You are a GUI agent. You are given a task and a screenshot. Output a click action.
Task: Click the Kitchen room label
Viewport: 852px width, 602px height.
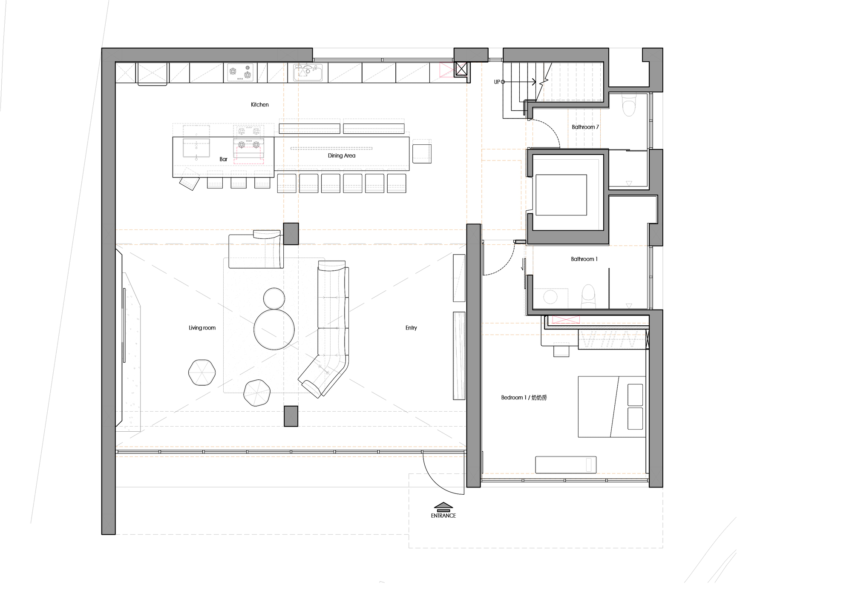259,105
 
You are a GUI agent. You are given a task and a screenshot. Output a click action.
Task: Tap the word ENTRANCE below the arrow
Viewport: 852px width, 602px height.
443,516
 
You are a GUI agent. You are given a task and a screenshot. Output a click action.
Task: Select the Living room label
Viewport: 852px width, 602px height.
202,328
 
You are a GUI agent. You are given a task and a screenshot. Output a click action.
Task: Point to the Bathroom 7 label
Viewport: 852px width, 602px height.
585,127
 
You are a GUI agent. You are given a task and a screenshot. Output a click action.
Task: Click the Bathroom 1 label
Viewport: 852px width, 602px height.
584,259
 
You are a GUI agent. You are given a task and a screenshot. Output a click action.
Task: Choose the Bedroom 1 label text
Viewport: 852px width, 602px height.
524,398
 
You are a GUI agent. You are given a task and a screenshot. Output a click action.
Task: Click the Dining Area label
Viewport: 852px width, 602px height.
341,156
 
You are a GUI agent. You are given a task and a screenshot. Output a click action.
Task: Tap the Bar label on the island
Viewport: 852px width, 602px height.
223,159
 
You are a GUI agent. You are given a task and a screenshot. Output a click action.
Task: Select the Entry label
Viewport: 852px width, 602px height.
411,328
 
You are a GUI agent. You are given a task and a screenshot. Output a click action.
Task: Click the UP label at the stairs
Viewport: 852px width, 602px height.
497,82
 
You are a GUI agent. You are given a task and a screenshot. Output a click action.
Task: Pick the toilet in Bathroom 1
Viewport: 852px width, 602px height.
588,295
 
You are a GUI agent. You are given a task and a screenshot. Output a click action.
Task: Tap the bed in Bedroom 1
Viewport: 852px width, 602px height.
611,407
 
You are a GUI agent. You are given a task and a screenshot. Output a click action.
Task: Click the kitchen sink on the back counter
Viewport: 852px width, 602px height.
309,73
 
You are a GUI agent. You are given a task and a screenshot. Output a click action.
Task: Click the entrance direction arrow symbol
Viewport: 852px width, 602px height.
443,505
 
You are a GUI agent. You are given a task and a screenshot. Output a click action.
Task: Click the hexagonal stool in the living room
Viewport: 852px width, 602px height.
201,373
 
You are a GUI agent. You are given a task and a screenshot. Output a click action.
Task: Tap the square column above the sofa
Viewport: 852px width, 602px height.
291,234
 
